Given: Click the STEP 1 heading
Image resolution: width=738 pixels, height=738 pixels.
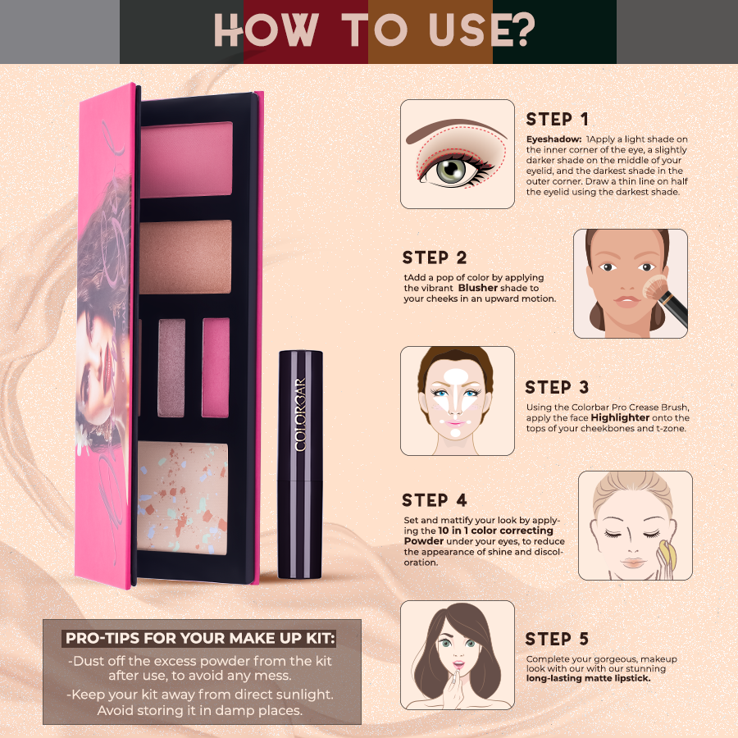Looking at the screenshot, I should [557, 120].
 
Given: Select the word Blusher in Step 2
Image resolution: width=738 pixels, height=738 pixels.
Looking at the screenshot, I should [478, 288].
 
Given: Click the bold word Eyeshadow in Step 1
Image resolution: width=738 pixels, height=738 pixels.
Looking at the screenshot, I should [553, 140].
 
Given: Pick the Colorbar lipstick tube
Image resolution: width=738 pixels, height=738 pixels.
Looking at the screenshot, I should [300, 463].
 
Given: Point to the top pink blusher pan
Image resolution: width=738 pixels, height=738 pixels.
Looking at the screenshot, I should [187, 148].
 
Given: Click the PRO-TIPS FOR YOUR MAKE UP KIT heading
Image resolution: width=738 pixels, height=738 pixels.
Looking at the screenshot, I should [201, 638].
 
